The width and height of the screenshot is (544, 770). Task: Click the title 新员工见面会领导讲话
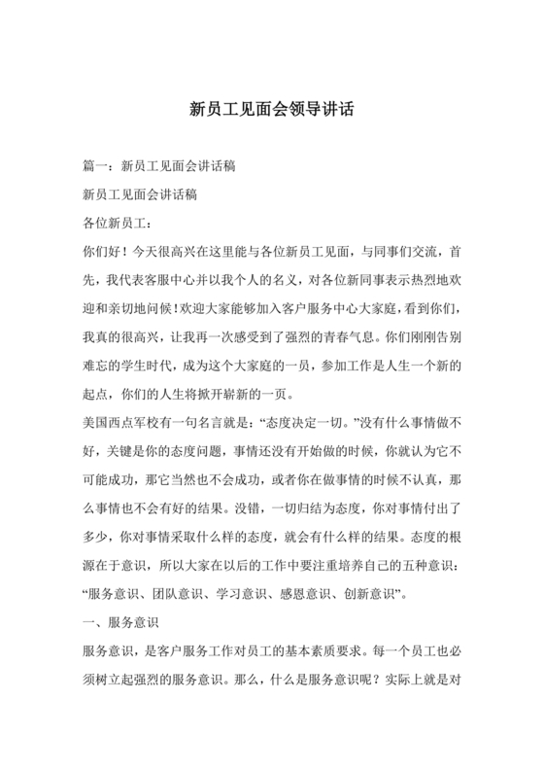point(271,110)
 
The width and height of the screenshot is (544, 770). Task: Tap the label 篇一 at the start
point(98,167)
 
